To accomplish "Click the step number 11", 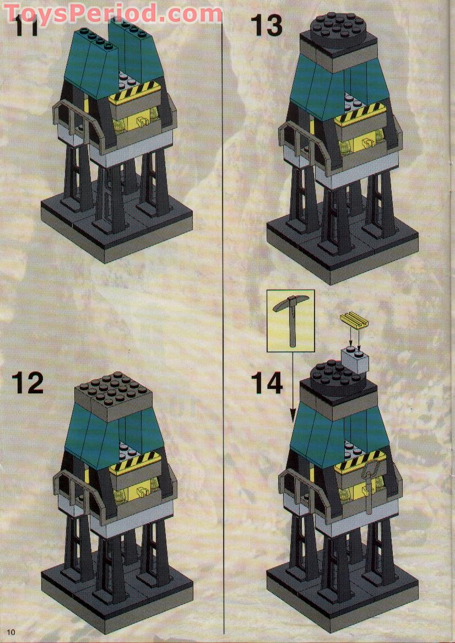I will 26,26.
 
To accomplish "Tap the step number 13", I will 267,25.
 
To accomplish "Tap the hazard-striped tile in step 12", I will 136,467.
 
